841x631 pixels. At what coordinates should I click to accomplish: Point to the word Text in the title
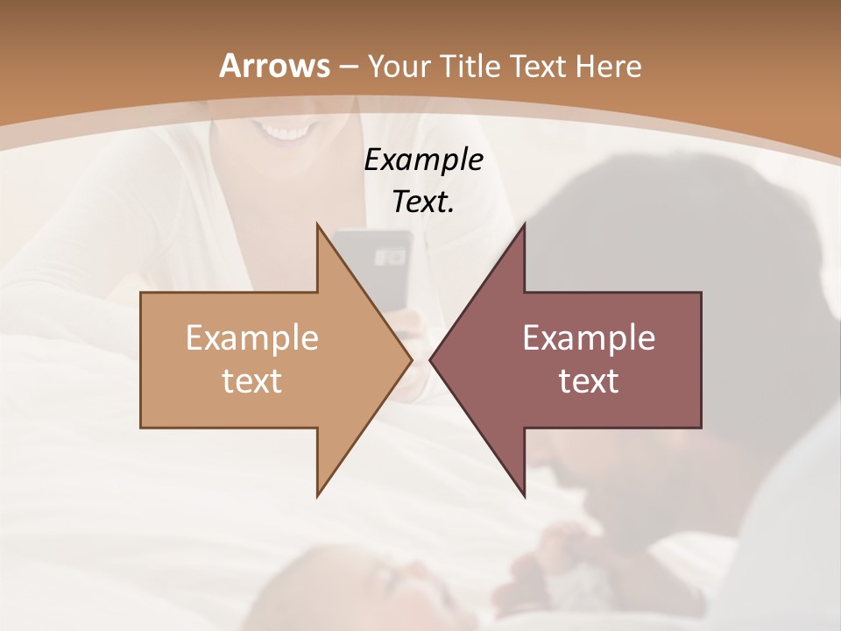pyautogui.click(x=536, y=66)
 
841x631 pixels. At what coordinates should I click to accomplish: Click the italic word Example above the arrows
pyautogui.click(x=423, y=160)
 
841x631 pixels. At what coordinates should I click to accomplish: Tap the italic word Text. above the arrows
pyautogui.click(x=423, y=202)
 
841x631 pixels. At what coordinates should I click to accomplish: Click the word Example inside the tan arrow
pyautogui.click(x=251, y=337)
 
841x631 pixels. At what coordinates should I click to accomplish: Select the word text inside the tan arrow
pyautogui.click(x=251, y=381)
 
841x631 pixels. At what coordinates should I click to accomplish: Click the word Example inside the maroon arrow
pyautogui.click(x=589, y=337)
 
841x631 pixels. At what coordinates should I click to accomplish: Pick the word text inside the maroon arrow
pyautogui.click(x=589, y=381)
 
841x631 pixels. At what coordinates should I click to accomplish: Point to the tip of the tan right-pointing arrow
pyautogui.click(x=411, y=359)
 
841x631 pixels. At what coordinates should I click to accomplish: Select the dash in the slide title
pyautogui.click(x=348, y=67)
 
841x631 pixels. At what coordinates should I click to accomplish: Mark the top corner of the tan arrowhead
pyautogui.click(x=317, y=224)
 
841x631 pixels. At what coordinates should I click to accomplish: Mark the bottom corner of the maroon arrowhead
pyautogui.click(x=524, y=496)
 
